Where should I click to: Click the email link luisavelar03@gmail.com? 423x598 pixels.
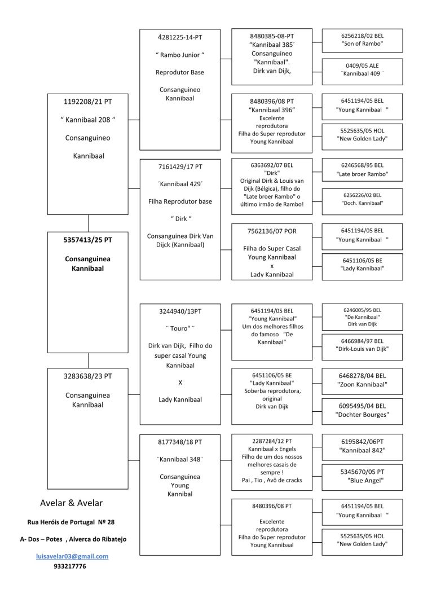(x=72, y=556)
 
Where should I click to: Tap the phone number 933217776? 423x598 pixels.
(x=70, y=566)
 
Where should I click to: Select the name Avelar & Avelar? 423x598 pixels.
(x=71, y=503)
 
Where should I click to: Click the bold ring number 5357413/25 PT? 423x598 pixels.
(x=88, y=240)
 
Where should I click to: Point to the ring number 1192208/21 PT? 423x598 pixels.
(x=88, y=102)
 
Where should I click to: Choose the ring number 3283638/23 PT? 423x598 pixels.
(x=88, y=376)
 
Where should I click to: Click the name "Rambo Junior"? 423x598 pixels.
(x=180, y=55)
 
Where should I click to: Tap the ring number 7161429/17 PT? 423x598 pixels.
(x=180, y=166)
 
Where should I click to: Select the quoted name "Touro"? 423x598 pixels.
(x=180, y=328)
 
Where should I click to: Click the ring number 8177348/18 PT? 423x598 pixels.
(x=180, y=442)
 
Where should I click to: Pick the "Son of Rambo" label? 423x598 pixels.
(x=362, y=44)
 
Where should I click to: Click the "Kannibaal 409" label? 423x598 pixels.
(x=362, y=73)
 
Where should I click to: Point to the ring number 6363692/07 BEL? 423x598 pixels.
(x=272, y=165)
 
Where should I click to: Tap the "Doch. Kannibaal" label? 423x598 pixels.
(x=362, y=203)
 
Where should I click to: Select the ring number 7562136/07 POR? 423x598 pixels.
(x=272, y=231)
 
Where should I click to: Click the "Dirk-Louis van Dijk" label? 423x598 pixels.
(x=362, y=349)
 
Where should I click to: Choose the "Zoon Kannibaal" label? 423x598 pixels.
(x=362, y=384)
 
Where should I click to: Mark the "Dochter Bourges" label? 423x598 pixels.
(x=362, y=415)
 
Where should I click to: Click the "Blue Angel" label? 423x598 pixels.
(x=362, y=481)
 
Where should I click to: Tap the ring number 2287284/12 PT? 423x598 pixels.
(x=272, y=441)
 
